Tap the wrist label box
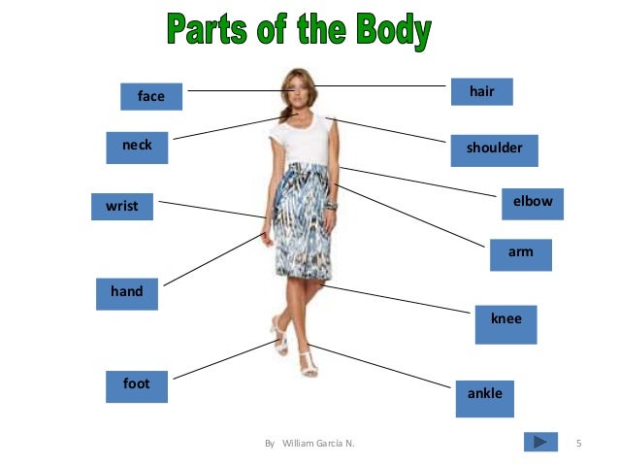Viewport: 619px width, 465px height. click(x=122, y=207)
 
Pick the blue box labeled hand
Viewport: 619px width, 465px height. click(x=126, y=292)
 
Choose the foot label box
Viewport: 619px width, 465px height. click(x=137, y=385)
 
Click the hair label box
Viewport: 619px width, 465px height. click(x=481, y=91)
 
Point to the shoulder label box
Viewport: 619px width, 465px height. click(x=495, y=149)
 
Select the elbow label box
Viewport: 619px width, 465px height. click(x=533, y=203)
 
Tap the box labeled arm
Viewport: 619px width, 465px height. click(x=521, y=253)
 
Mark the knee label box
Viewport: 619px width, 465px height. click(x=505, y=323)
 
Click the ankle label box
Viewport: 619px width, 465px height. click(x=485, y=397)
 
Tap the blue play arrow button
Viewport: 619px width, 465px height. click(x=540, y=443)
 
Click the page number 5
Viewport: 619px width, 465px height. click(x=578, y=444)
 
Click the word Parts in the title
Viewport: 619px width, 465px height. click(x=208, y=31)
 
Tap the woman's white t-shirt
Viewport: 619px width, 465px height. click(x=302, y=141)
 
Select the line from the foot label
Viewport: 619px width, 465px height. click(x=223, y=359)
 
